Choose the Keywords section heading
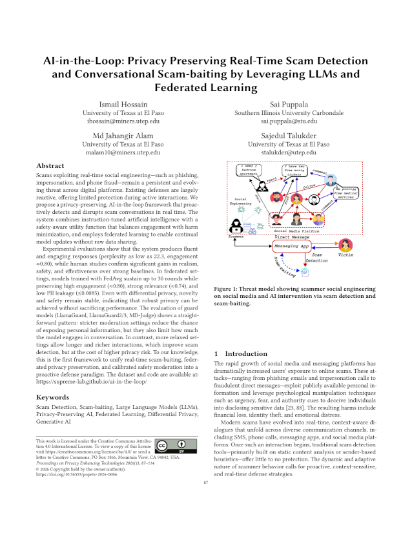click(54, 397)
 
